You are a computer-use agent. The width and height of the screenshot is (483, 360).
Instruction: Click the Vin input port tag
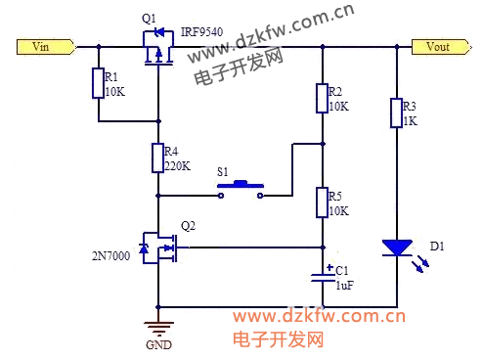click(46, 47)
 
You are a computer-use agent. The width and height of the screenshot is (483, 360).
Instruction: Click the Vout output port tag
click(441, 47)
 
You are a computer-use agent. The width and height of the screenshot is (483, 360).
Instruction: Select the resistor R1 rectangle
click(98, 83)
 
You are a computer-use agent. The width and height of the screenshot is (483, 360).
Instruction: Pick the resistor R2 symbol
click(322, 98)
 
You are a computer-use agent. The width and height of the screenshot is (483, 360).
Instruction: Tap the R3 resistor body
click(396, 112)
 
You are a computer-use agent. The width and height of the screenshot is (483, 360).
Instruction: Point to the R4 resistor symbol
click(157, 157)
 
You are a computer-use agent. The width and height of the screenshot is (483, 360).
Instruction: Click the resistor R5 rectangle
click(322, 202)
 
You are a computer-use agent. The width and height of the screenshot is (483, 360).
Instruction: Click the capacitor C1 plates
click(323, 277)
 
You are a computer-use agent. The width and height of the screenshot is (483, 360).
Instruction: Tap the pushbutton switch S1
click(241, 189)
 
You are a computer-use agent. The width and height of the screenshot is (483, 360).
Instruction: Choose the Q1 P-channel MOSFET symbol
click(158, 48)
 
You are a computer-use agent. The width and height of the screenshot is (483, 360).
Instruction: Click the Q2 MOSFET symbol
click(159, 247)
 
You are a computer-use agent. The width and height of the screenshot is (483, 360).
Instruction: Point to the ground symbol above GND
click(158, 329)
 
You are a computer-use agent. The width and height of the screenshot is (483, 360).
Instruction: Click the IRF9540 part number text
click(201, 32)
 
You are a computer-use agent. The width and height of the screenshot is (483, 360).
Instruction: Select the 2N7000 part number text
click(110, 256)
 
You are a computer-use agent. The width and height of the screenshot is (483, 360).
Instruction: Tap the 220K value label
click(177, 166)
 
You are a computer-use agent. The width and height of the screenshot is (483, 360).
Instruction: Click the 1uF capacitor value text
click(345, 286)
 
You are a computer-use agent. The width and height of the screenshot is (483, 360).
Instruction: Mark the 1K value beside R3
click(411, 121)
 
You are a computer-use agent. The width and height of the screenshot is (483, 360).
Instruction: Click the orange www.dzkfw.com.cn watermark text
click(320, 316)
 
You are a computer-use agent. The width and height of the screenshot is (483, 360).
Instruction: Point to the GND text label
click(158, 345)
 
